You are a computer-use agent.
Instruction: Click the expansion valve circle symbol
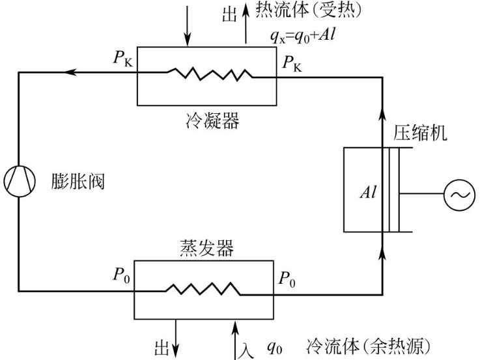(x=18, y=180)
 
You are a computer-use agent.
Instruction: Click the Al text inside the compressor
(x=369, y=194)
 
